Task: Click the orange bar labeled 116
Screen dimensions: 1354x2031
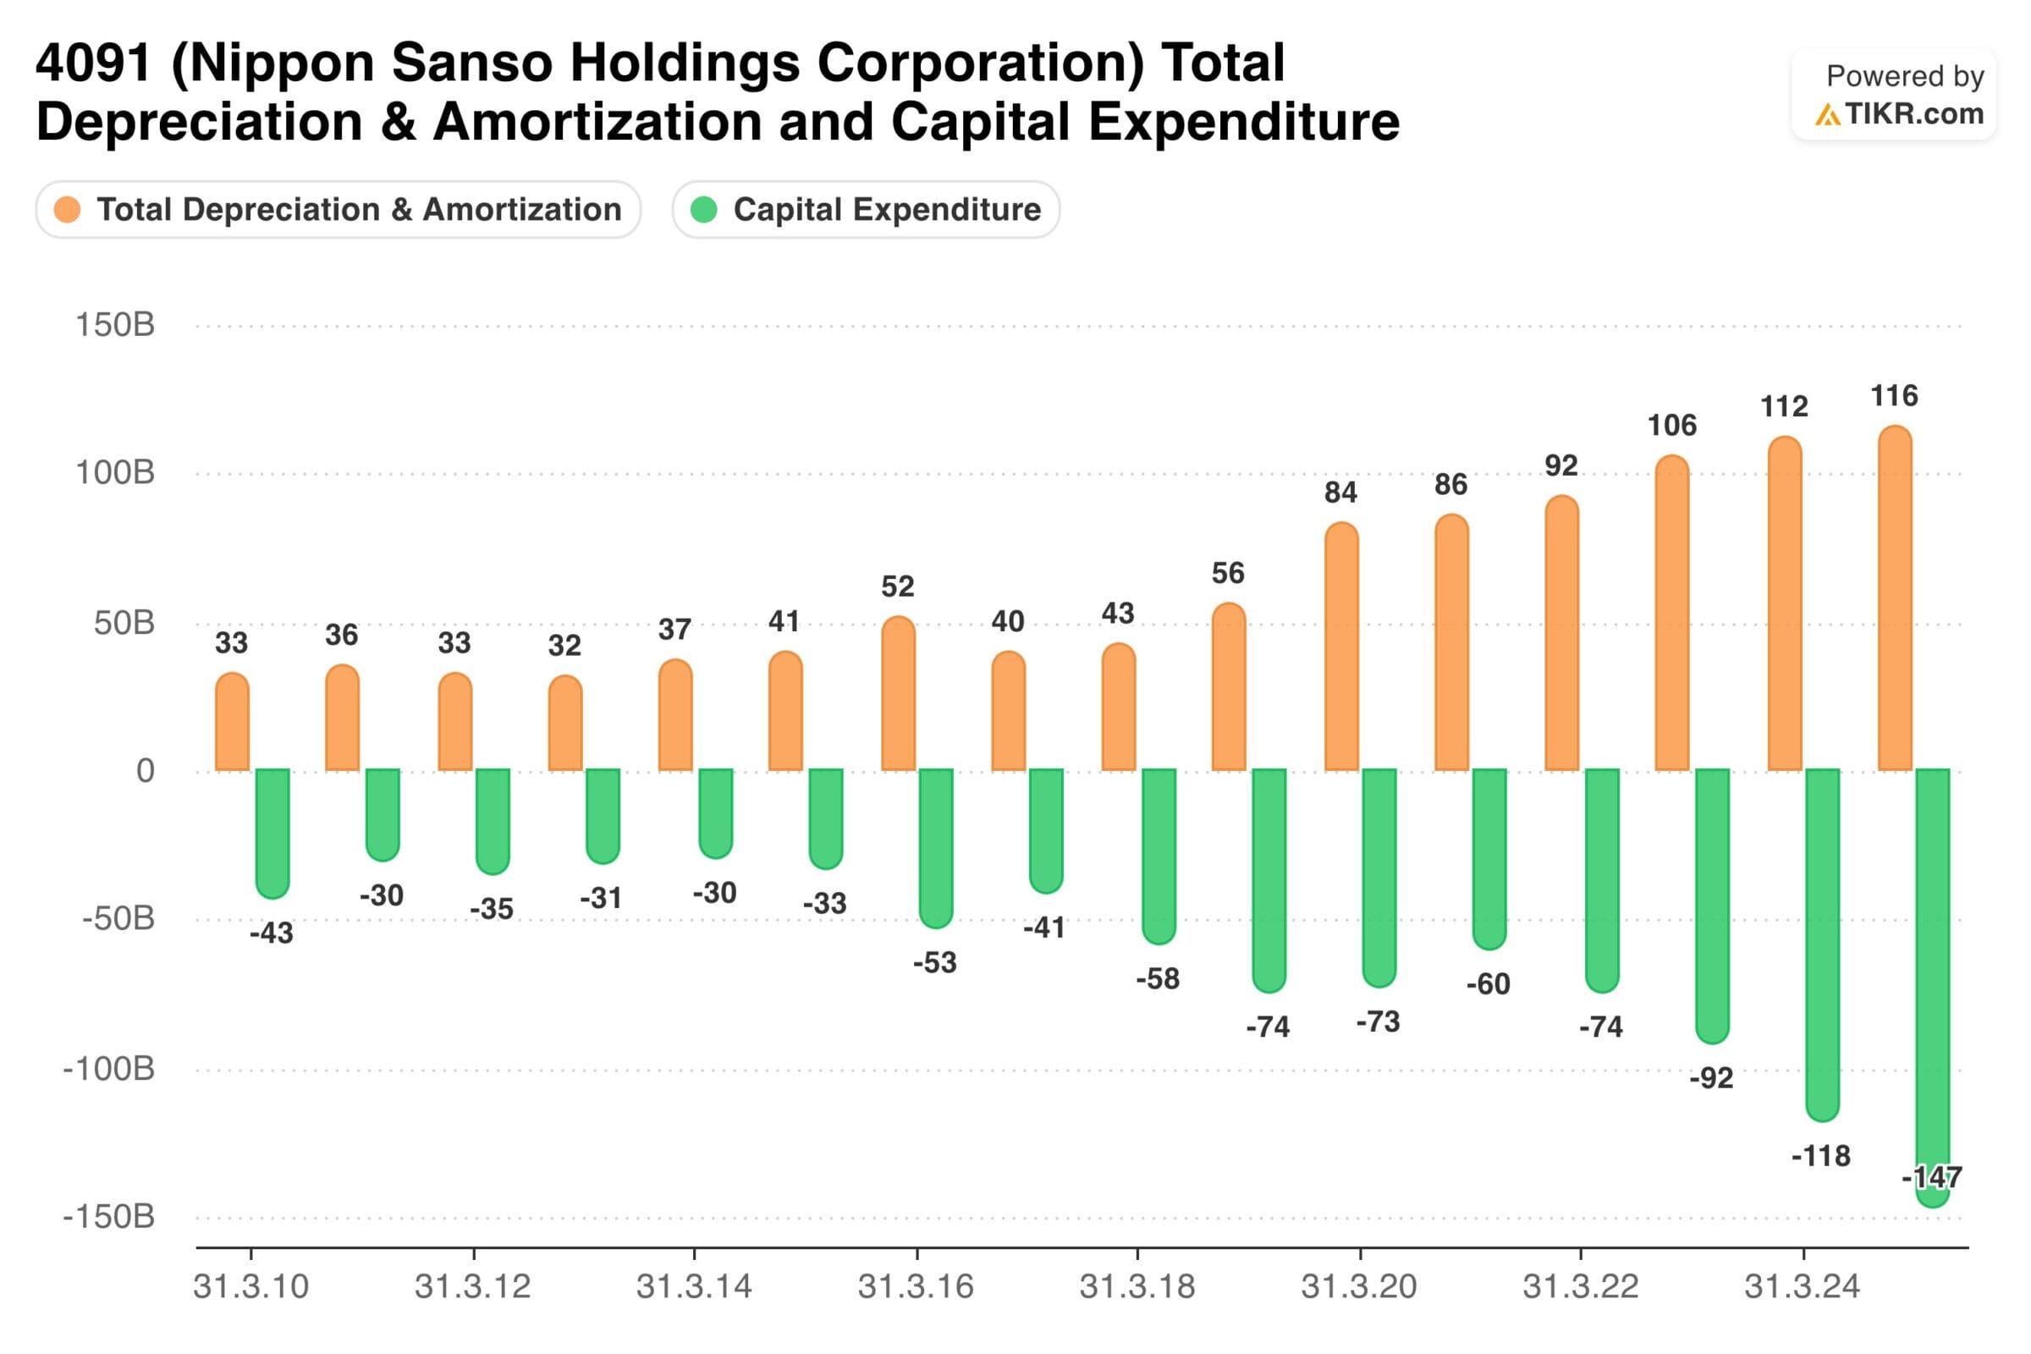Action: tap(1895, 598)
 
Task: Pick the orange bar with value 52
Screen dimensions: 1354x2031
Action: tap(898, 693)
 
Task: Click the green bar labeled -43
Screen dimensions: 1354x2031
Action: tap(272, 833)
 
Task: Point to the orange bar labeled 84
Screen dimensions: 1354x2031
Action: tap(1341, 647)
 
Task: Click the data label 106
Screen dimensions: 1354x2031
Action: tap(1672, 425)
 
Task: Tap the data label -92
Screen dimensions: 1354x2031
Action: tap(1710, 1077)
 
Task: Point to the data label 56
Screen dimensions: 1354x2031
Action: tap(1228, 574)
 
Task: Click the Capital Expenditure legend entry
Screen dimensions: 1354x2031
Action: tap(866, 210)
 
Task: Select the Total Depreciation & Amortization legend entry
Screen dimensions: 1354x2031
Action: tap(338, 210)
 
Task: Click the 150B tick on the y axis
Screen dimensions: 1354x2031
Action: tap(115, 325)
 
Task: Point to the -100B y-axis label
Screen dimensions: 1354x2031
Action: tap(109, 1069)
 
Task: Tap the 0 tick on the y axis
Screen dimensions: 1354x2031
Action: tap(145, 770)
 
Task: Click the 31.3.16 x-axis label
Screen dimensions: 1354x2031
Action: tap(916, 1286)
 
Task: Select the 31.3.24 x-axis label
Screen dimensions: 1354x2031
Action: tap(1803, 1286)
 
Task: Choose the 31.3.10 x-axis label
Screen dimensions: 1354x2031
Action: tap(250, 1286)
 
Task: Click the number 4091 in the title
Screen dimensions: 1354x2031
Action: tap(93, 63)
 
